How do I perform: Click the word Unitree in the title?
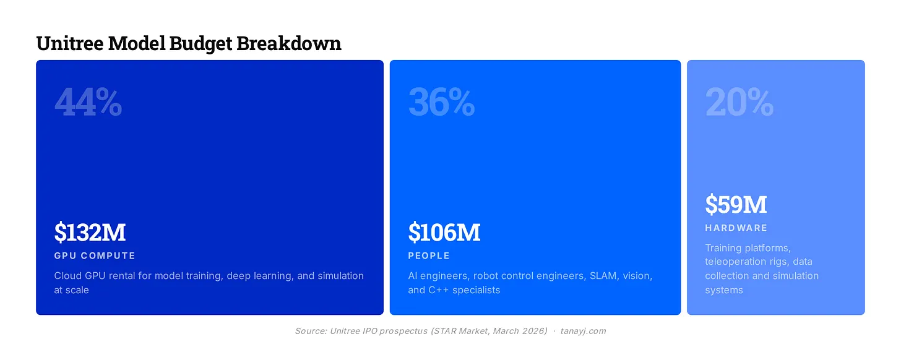pos(70,43)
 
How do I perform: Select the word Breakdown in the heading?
pos(289,43)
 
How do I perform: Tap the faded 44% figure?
pos(88,102)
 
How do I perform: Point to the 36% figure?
pos(442,102)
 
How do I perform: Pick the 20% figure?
pos(739,102)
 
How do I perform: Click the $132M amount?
pos(90,232)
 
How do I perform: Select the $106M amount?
pos(444,232)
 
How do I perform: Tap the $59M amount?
pos(736,204)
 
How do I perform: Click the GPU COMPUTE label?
pos(95,255)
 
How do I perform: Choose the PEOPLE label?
pos(429,255)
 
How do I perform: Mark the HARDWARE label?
pos(736,228)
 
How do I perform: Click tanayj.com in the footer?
pos(583,331)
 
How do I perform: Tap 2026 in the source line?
pos(535,331)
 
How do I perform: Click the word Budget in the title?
pos(200,43)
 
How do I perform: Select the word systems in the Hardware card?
pos(724,290)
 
